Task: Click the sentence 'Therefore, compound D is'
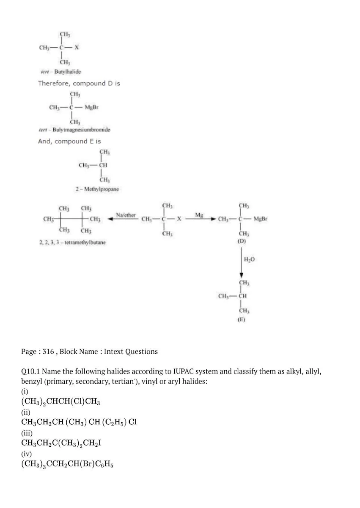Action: coord(79,83)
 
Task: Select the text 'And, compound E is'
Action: coord(69,141)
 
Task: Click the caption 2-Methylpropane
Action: coord(97,189)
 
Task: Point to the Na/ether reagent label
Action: coord(126,215)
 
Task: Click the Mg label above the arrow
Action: coord(199,215)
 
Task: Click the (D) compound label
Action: coord(242,241)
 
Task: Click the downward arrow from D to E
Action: coord(242,262)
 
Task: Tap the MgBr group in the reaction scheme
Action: coord(261,219)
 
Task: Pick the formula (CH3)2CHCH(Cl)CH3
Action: coord(60,401)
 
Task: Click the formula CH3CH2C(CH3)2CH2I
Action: coord(61,443)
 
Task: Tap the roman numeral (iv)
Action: coord(27,454)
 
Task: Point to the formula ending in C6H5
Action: coord(67,464)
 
